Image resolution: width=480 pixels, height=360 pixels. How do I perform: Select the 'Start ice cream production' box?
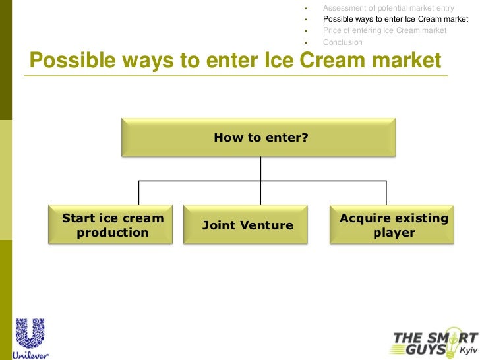pos(112,225)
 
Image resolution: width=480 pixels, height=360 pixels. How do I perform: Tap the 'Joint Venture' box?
pos(247,225)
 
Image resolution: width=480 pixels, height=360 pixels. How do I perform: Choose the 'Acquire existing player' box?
pos(394,225)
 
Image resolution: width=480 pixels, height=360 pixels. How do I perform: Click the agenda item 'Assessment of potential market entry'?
pos(388,8)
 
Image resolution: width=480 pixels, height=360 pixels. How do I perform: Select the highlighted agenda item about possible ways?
pos(396,19)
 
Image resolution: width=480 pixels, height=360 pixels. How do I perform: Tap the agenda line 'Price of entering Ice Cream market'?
pos(384,30)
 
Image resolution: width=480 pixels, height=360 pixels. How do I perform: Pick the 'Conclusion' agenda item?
pos(342,42)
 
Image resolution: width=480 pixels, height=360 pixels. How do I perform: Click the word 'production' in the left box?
pos(112,233)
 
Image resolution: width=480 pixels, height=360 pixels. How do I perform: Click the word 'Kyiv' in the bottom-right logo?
pos(467,350)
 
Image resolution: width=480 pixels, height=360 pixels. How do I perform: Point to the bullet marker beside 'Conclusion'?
pos(307,42)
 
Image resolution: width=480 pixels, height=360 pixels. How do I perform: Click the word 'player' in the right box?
pos(394,233)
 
